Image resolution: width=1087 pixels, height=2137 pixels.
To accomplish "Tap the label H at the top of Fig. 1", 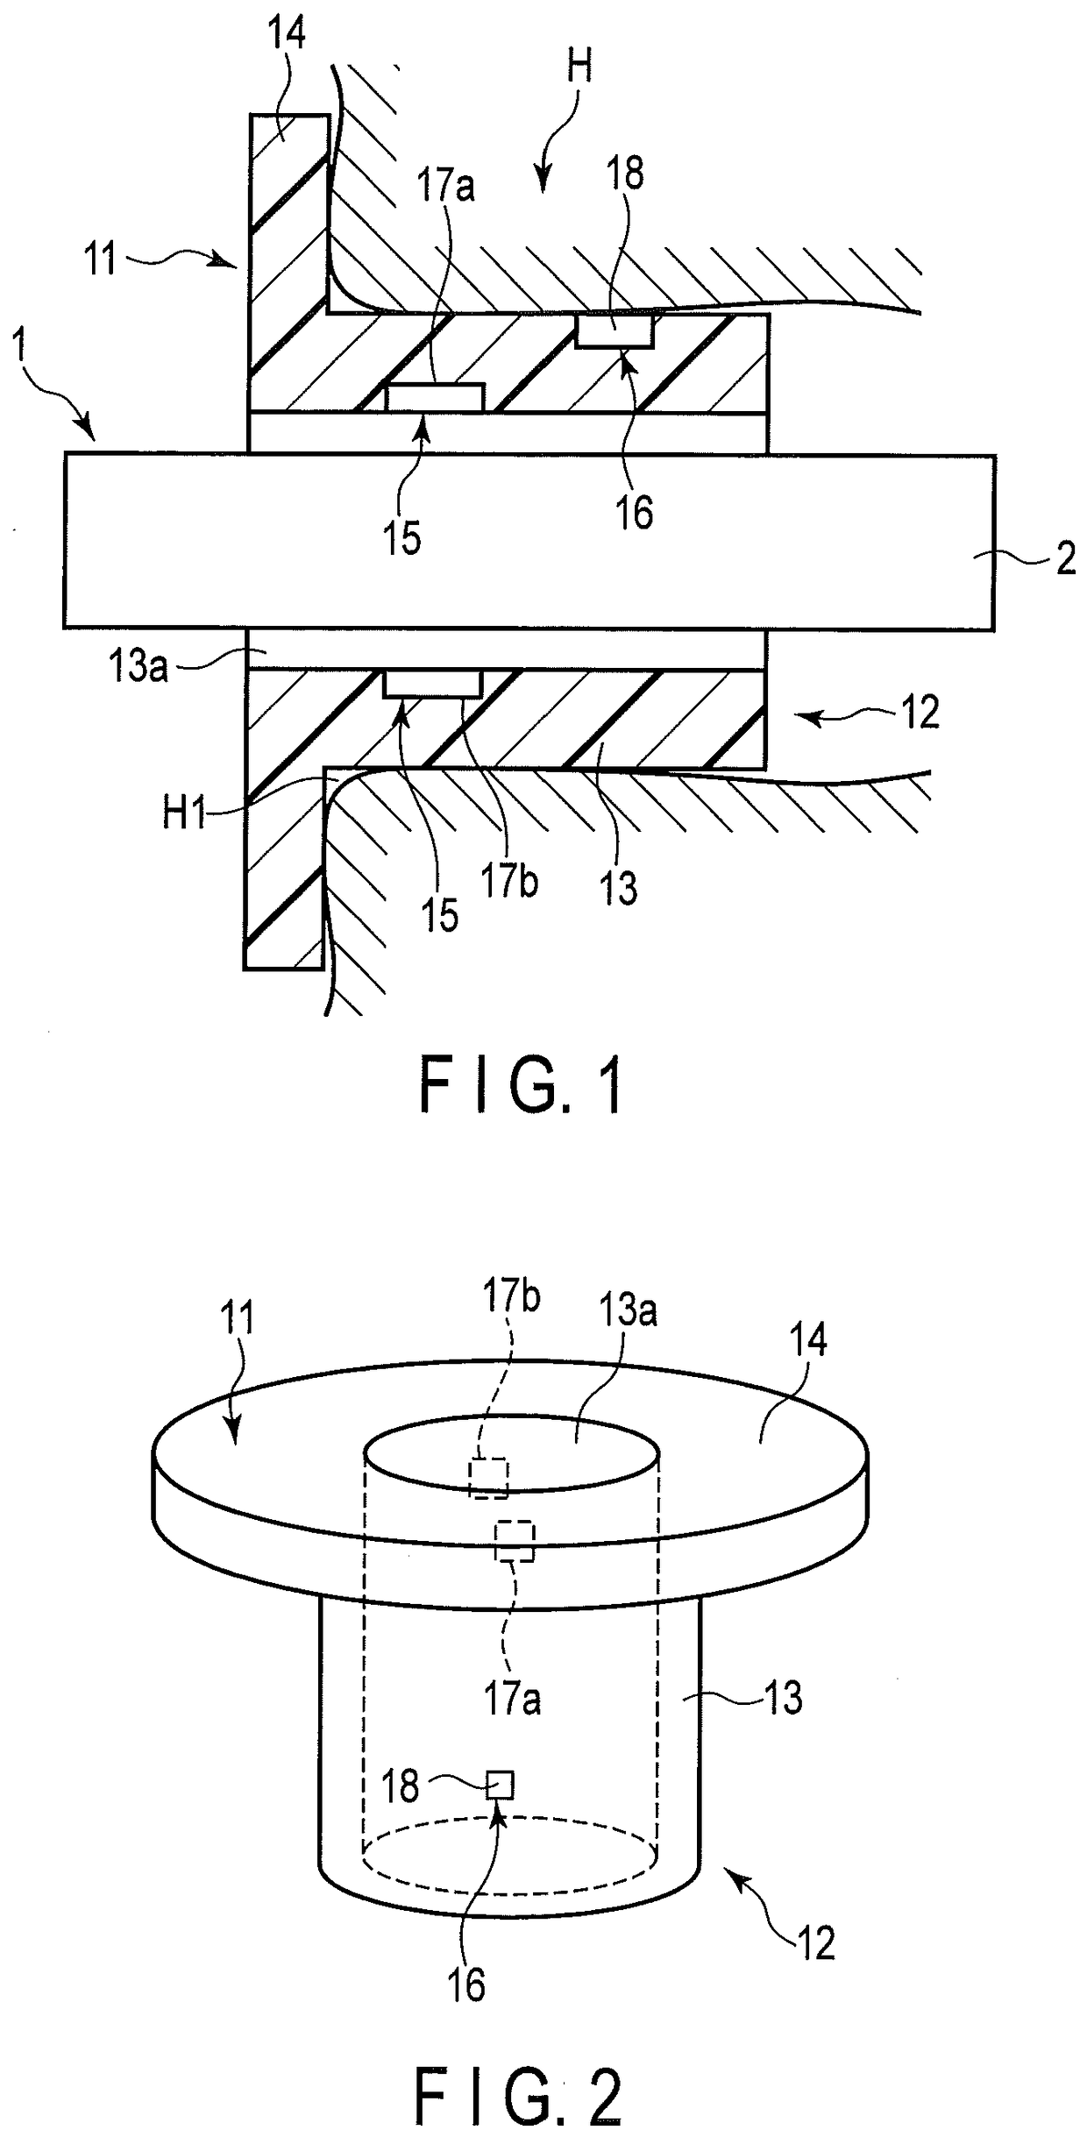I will pyautogui.click(x=579, y=66).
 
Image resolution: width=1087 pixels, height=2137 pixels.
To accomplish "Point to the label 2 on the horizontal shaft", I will pyautogui.click(x=1065, y=558).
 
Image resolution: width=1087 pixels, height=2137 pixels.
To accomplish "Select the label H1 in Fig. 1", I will pyautogui.click(x=185, y=814).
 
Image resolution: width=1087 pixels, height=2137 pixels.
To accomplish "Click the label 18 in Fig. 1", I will pyautogui.click(x=624, y=174).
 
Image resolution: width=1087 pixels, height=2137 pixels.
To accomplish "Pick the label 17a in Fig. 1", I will pyautogui.click(x=445, y=186).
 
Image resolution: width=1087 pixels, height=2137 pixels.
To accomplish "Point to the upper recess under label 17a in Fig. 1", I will pyautogui.click(x=435, y=397).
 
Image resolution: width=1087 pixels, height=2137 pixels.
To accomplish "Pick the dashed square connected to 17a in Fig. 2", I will pyautogui.click(x=515, y=1540).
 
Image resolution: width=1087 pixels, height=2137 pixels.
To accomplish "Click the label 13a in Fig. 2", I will pyautogui.click(x=628, y=1311).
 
